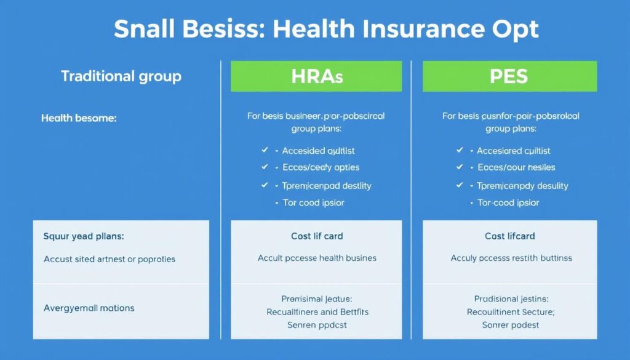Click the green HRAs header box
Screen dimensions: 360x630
click(x=316, y=76)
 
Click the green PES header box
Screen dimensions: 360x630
click(x=509, y=76)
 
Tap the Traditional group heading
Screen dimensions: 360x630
click(x=121, y=77)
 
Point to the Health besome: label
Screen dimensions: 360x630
click(x=78, y=118)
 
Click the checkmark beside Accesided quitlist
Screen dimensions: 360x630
click(x=265, y=150)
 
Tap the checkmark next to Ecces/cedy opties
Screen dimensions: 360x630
click(x=265, y=167)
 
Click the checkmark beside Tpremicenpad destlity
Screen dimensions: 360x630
click(x=265, y=185)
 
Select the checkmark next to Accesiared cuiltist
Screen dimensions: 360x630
click(x=459, y=150)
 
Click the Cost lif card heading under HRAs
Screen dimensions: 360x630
click(x=317, y=236)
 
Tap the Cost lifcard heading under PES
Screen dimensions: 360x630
click(x=510, y=236)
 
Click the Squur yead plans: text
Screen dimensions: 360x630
click(x=84, y=236)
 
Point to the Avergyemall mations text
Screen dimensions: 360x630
click(x=89, y=307)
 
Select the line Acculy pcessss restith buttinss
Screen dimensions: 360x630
click(x=511, y=258)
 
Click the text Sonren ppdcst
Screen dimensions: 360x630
click(x=317, y=324)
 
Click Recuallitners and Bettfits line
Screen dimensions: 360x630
click(x=317, y=312)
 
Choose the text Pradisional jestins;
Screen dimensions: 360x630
click(x=511, y=299)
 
